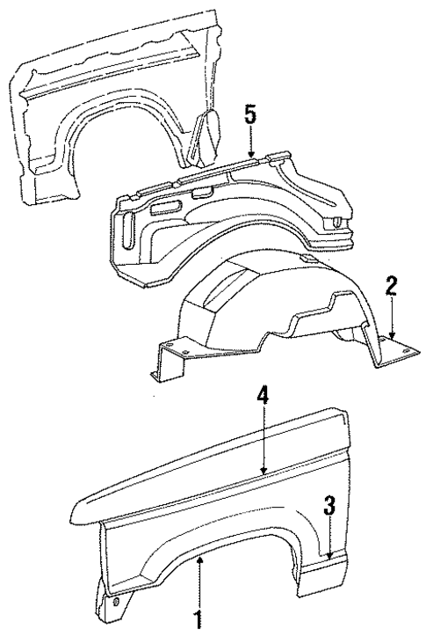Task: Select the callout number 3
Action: [329, 506]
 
